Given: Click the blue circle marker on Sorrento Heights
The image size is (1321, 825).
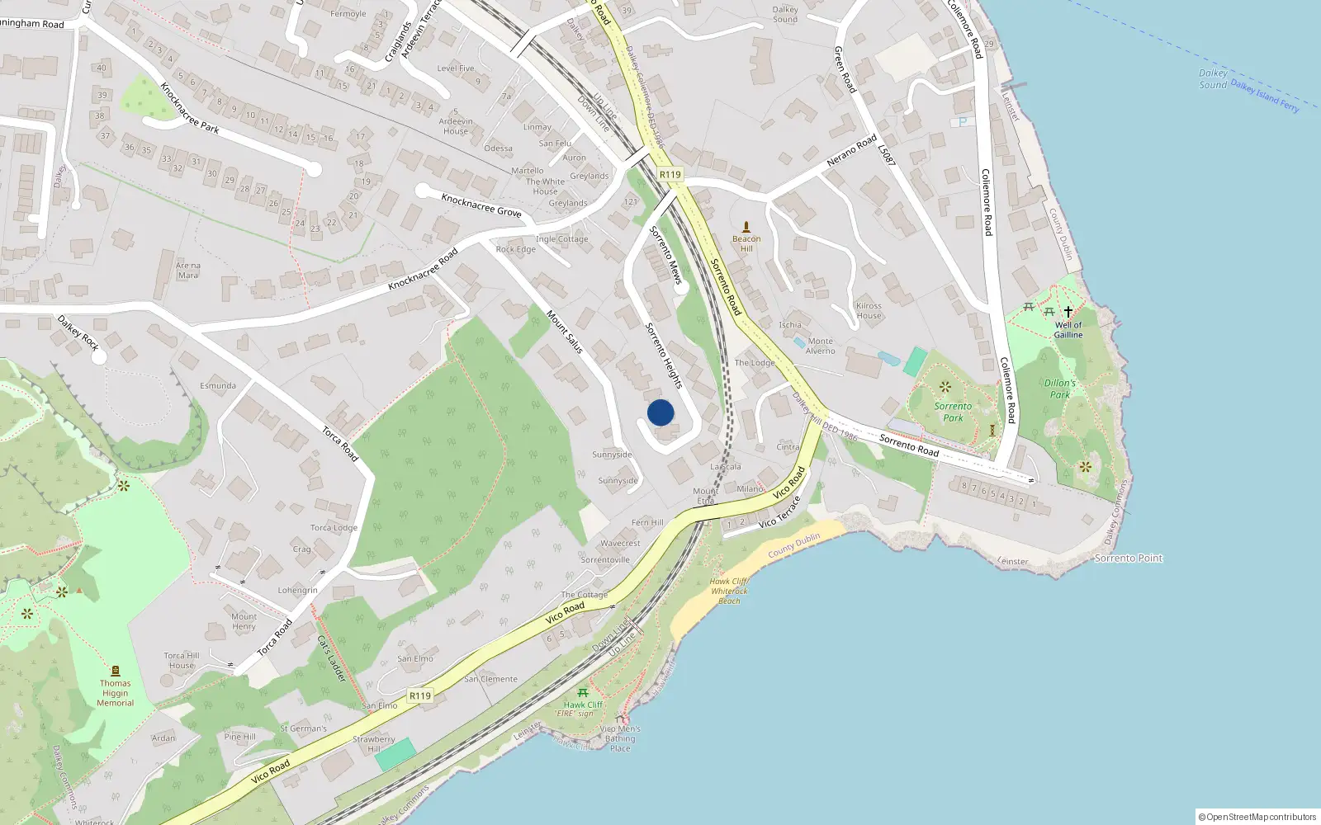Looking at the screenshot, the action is pos(660,412).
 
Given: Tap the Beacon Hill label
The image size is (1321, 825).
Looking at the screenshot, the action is pos(746,243).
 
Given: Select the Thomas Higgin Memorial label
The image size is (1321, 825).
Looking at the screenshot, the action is pos(116,693).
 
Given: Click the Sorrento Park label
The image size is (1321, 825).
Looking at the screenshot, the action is pos(953,412).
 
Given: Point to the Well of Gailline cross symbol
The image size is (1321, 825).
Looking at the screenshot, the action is pos(1068,312).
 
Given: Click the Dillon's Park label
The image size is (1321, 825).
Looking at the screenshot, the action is pos(1060,389).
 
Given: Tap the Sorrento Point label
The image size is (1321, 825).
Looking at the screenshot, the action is pos(1128,559).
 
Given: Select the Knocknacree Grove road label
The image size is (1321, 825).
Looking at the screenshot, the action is pos(481,205).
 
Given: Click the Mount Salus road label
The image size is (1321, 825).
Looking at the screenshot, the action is pos(565,332).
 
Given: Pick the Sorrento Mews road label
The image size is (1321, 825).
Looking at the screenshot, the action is pos(665,255).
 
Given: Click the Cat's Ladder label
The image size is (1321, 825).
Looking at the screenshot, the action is pos(332,658).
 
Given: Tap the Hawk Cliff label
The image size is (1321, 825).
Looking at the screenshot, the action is pos(583,705).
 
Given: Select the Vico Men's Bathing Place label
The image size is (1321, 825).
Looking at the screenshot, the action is pos(620,738).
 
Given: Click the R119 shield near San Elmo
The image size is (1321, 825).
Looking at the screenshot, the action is pos(420,695).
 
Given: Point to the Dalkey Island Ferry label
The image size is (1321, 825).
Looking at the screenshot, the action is pos(1265,96).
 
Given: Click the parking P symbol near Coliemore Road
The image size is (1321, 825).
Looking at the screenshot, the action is pos(962,122).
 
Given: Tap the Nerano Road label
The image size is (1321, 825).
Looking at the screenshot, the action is pos(852,151).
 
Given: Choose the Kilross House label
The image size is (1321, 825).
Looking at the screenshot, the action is pos(869,310).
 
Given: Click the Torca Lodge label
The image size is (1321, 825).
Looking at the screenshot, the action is pos(334,528).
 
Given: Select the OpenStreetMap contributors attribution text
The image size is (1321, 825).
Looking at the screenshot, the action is pos(1257,817).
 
